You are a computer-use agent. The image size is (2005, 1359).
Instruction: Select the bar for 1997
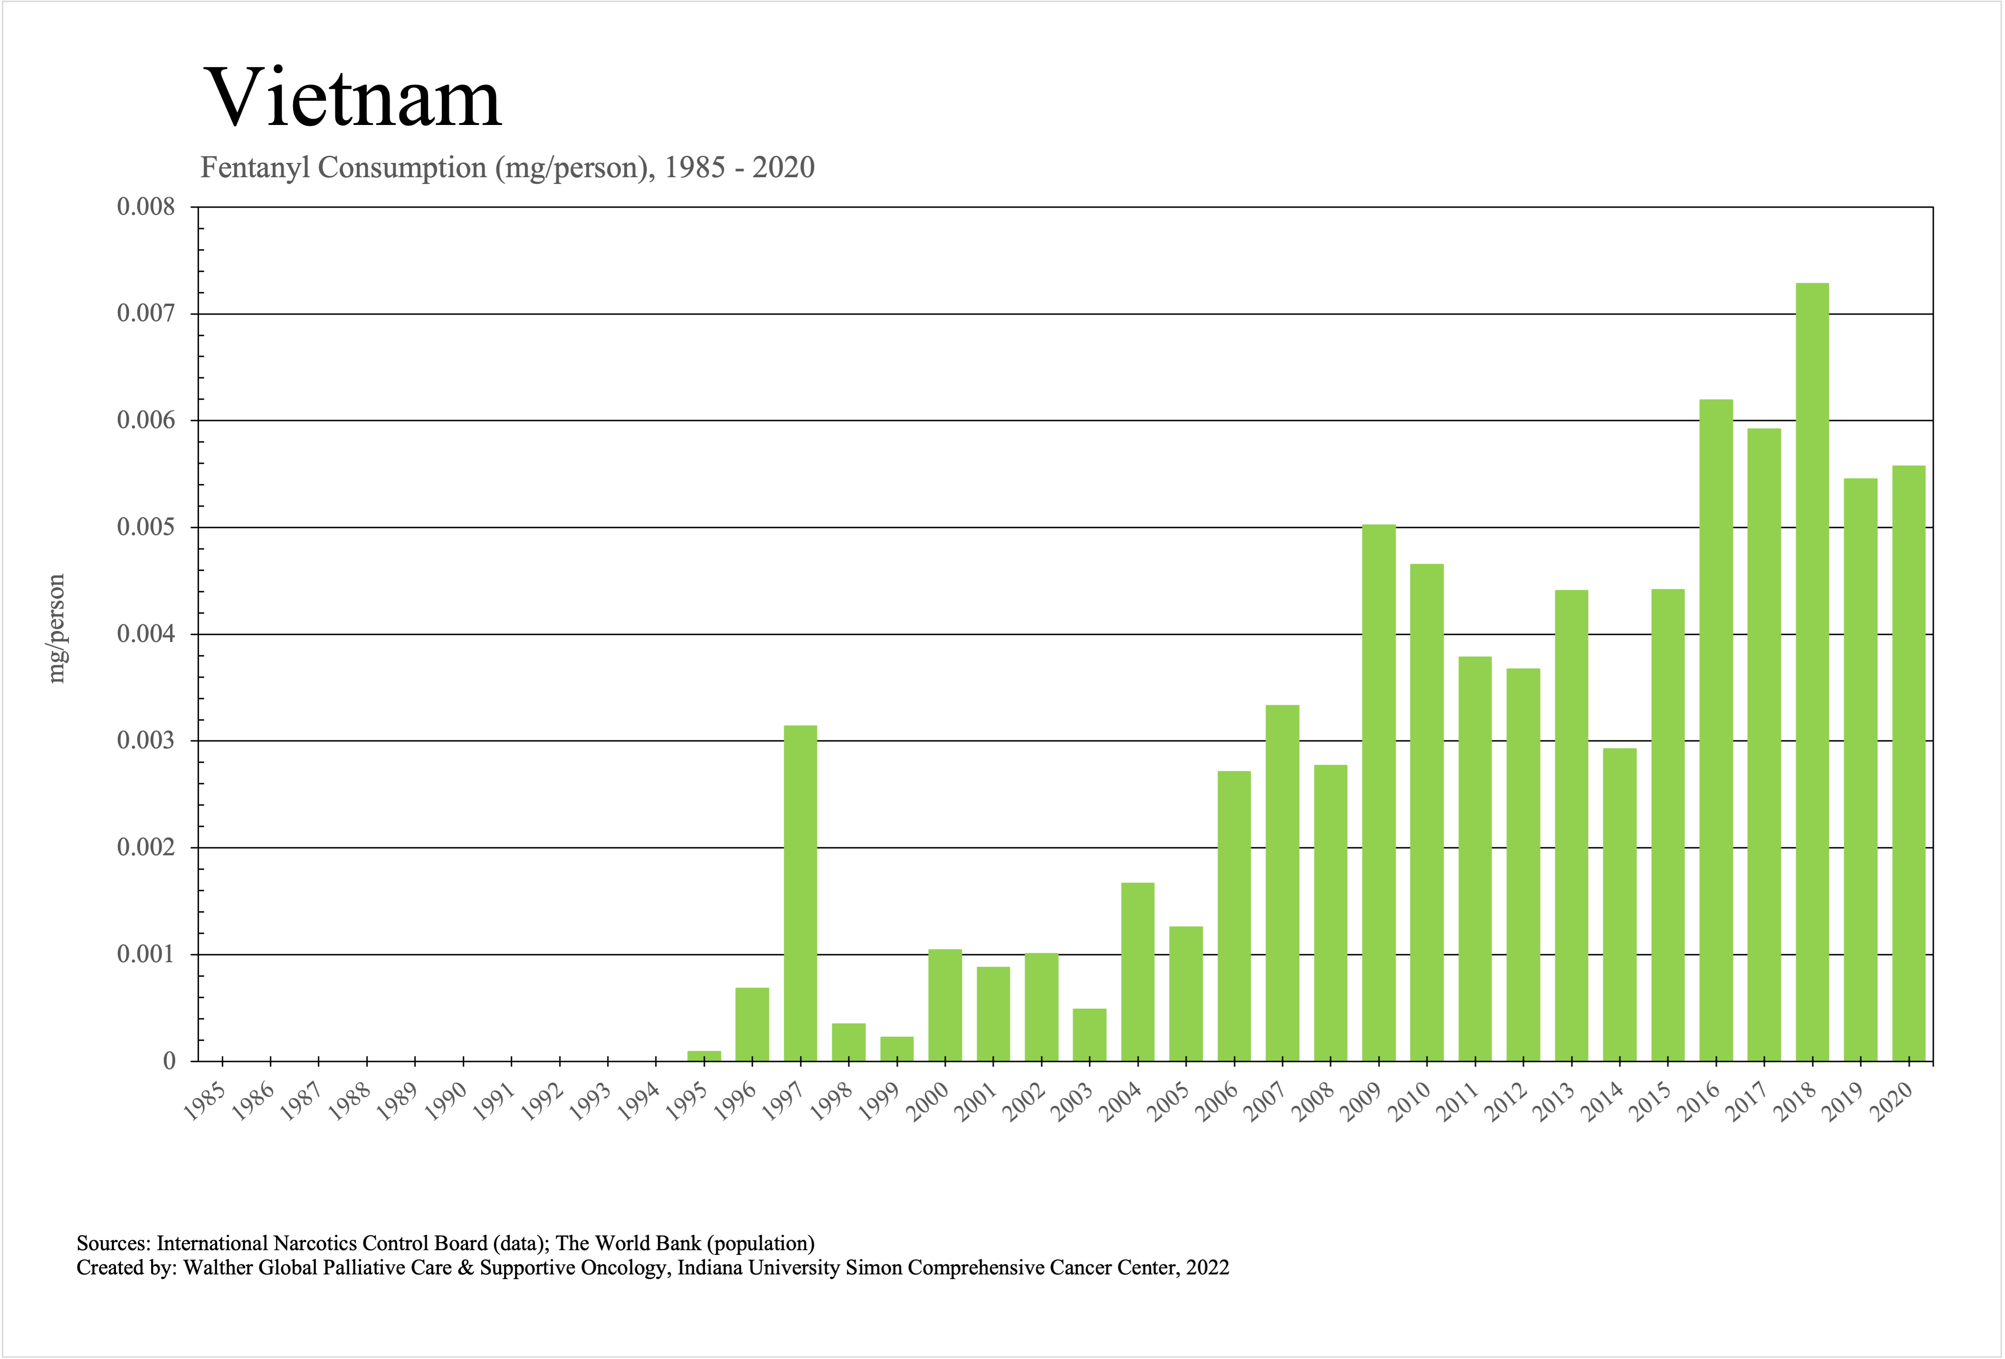(800, 893)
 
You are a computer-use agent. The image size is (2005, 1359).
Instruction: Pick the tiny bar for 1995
(704, 1055)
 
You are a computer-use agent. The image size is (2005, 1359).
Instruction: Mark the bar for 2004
(1138, 972)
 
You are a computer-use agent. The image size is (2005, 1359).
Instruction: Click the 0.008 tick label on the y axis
(146, 207)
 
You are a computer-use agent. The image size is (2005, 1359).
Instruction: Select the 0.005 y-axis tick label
(146, 527)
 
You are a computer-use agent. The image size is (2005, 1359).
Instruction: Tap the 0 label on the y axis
(169, 1062)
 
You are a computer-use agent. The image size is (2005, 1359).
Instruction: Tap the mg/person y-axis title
(56, 628)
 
